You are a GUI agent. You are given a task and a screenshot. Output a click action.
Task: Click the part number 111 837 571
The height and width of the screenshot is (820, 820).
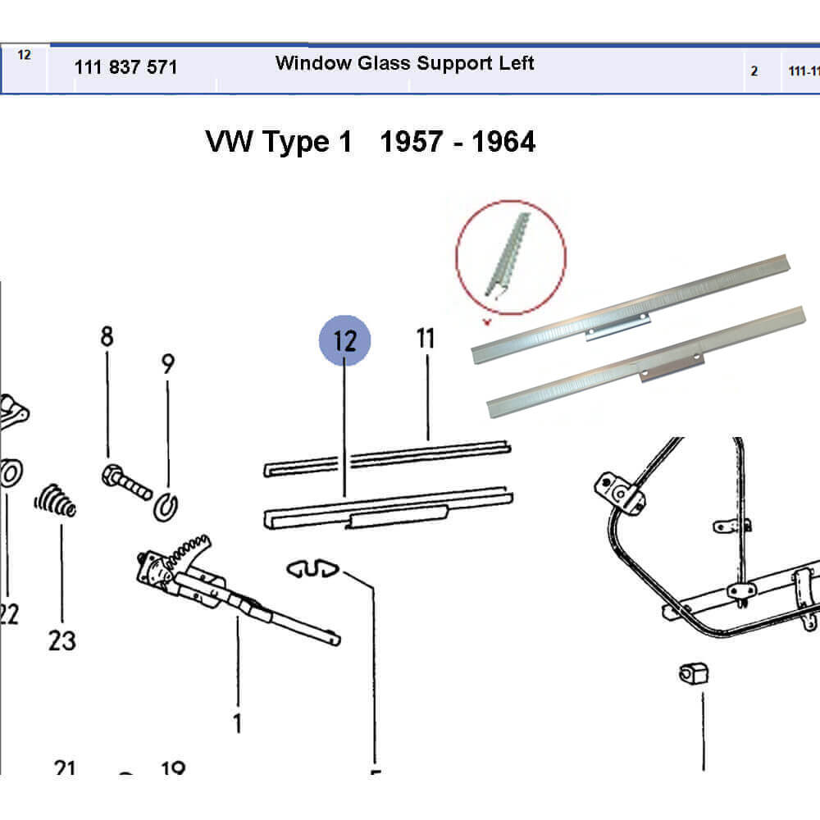coord(125,67)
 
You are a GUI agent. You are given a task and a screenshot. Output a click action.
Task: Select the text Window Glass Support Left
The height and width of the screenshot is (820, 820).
coord(404,63)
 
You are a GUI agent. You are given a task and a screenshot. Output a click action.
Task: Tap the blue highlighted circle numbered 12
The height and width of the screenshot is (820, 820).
coord(345,340)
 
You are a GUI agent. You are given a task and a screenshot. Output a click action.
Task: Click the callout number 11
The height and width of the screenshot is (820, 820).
coord(425,338)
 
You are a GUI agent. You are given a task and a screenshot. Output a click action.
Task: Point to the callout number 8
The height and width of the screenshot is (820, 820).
coord(107,336)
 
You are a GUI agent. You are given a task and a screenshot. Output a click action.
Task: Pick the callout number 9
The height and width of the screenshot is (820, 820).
coord(168,363)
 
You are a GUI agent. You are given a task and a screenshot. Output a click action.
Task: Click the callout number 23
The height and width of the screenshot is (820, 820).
coord(62,640)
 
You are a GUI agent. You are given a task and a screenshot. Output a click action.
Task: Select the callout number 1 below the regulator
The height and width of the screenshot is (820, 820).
coord(237,723)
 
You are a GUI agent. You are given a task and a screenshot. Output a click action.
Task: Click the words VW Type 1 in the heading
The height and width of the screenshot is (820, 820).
coord(279,142)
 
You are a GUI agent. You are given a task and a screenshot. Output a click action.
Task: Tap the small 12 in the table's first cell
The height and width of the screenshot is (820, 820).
coord(24,55)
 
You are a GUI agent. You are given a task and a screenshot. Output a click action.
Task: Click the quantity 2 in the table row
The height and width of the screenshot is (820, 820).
coord(754,71)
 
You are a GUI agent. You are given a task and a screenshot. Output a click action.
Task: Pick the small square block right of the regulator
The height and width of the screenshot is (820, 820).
coord(694,675)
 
